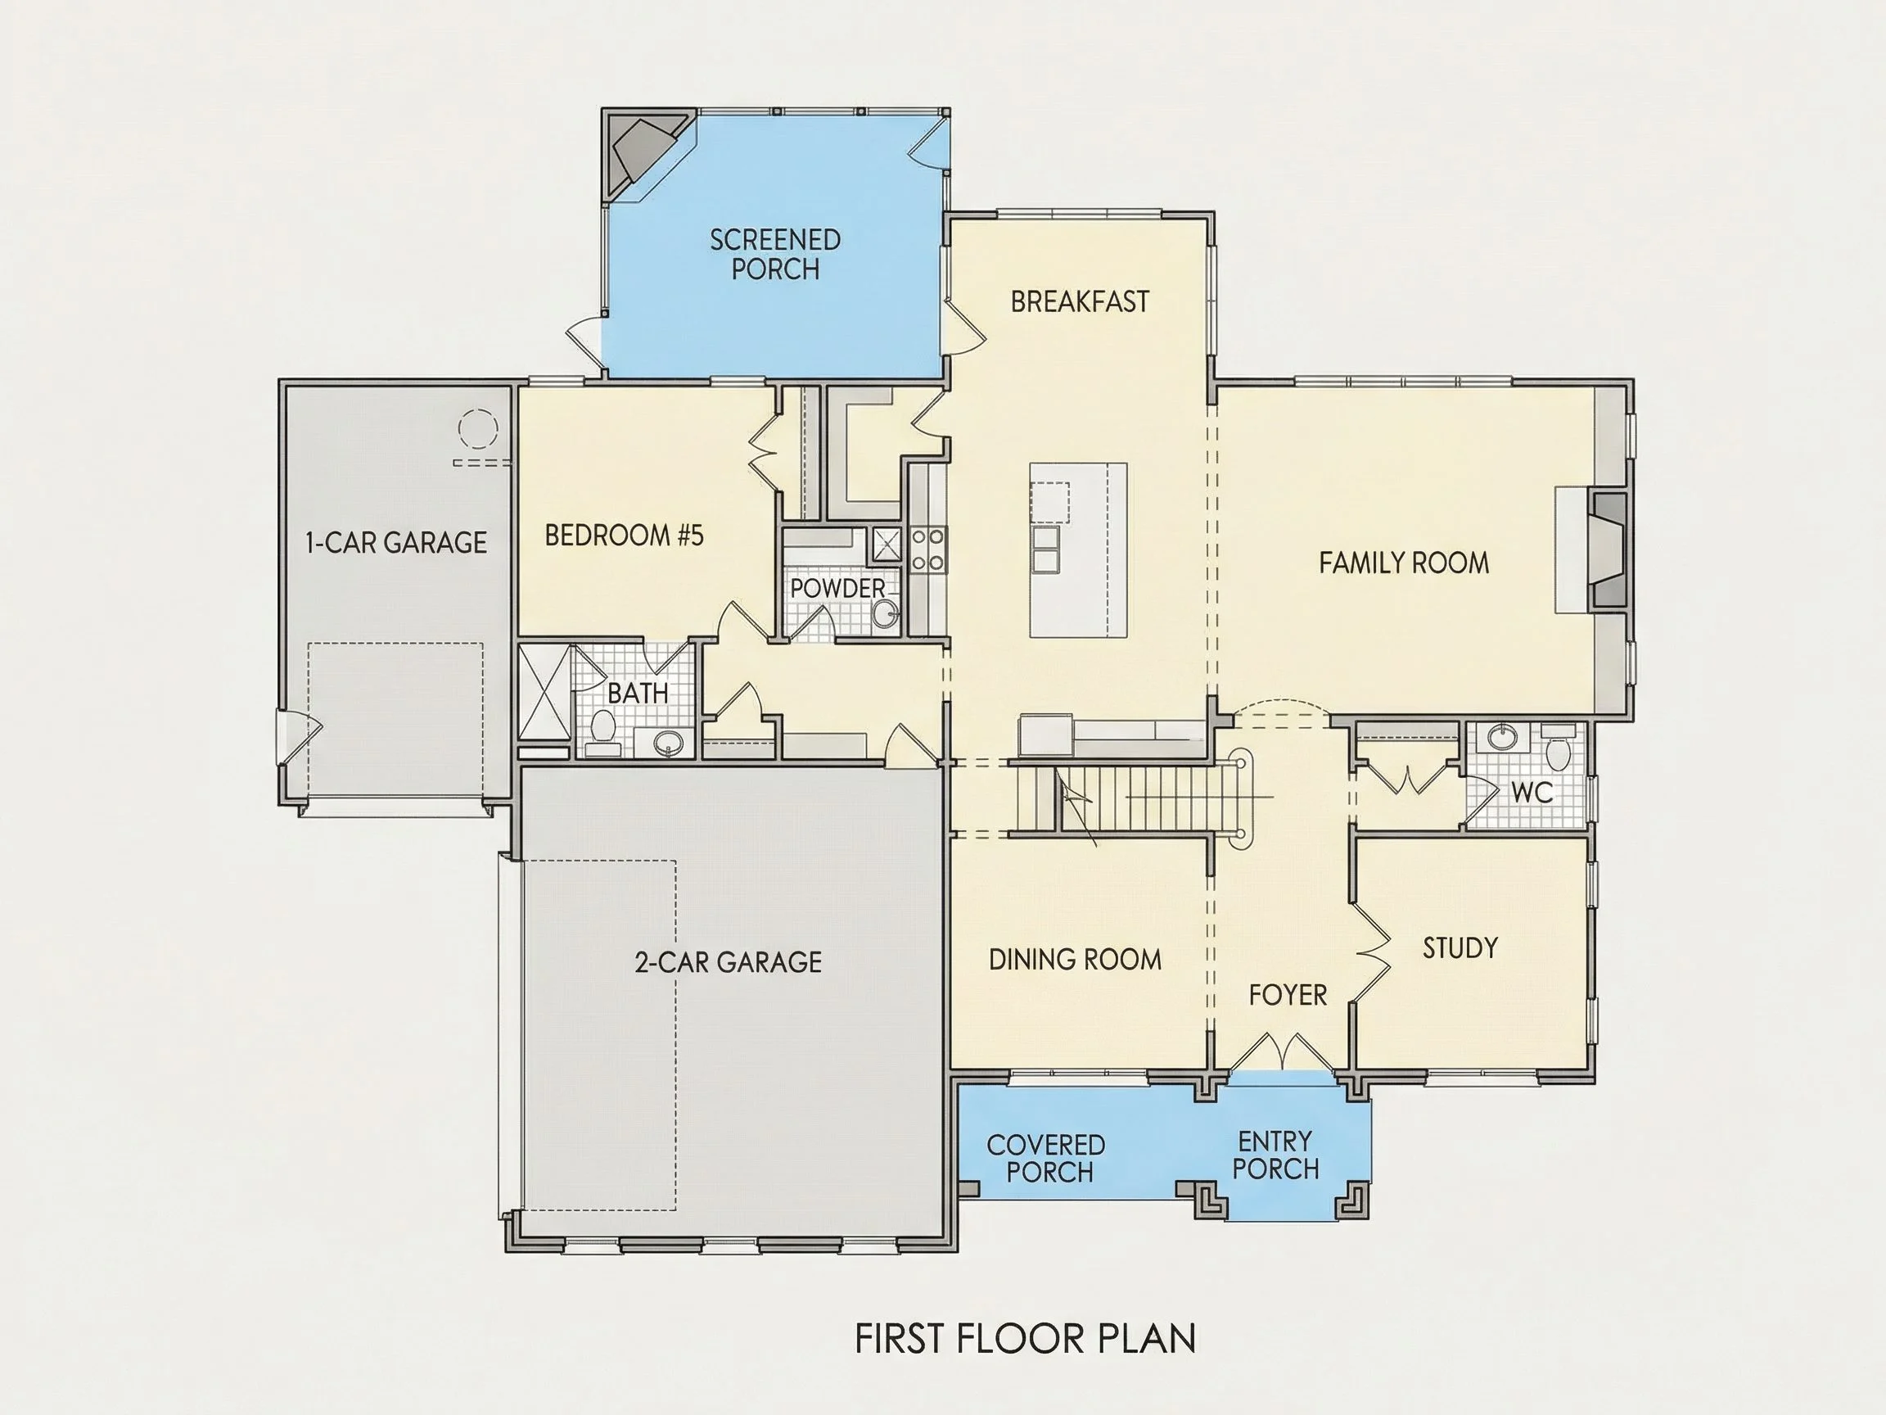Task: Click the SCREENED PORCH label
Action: [775, 254]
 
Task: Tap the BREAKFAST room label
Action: [1080, 301]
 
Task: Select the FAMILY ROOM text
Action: [1403, 563]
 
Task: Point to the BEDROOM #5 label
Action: [624, 536]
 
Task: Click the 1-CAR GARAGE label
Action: [396, 542]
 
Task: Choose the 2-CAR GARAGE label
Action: [729, 962]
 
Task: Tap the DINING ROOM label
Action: [1075, 960]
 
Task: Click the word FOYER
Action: [1288, 994]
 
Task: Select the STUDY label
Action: [1460, 947]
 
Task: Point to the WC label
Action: [1532, 793]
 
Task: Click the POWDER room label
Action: [838, 589]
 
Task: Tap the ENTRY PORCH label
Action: [1275, 1155]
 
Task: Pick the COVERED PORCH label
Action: [1046, 1158]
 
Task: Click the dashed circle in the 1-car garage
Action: [477, 429]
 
